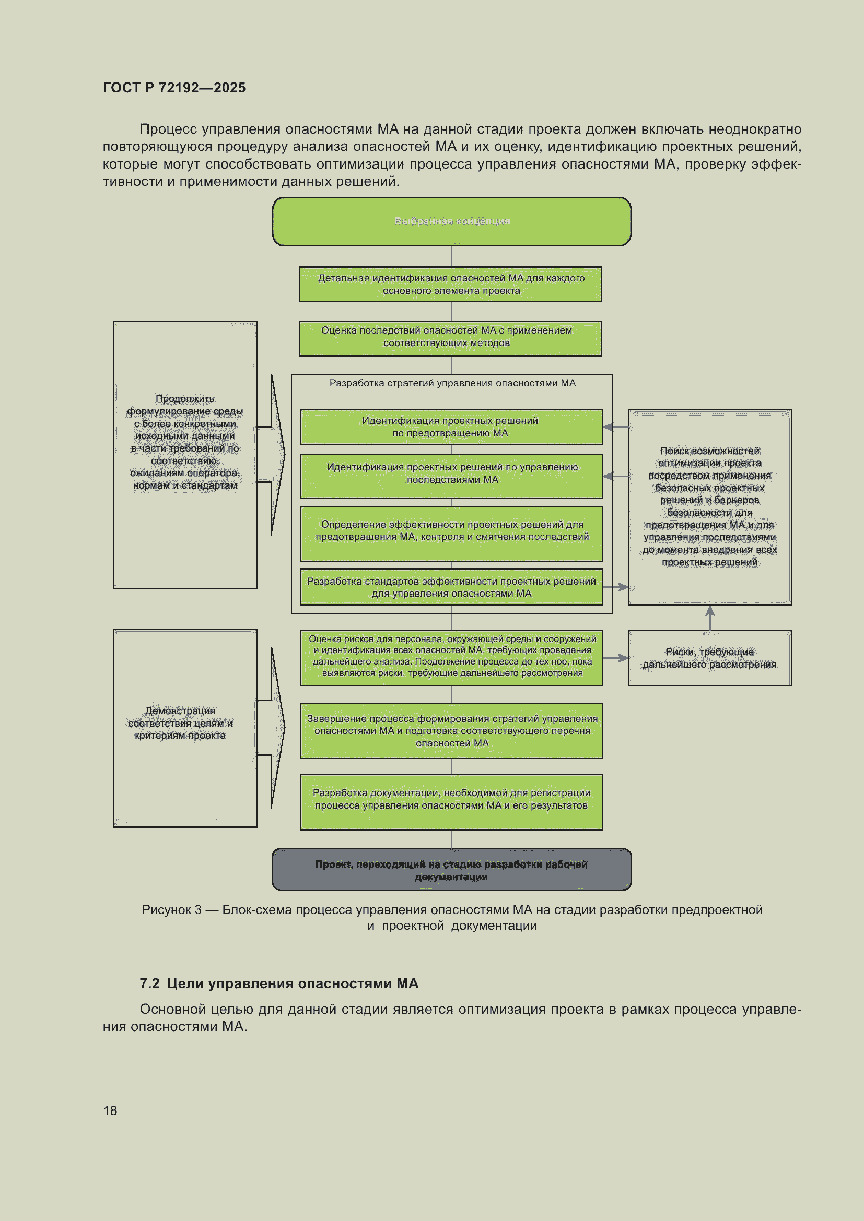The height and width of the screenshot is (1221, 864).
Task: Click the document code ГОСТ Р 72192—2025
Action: (174, 88)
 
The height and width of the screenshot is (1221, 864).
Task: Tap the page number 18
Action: (110, 1110)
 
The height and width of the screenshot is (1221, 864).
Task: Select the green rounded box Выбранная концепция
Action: (452, 221)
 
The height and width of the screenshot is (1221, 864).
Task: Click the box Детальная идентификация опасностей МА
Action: (450, 284)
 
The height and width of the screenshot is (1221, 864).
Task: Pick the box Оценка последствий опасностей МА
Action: (450, 339)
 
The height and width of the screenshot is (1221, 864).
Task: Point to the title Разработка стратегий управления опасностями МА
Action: (452, 383)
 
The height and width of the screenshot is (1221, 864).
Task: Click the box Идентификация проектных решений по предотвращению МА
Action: (452, 427)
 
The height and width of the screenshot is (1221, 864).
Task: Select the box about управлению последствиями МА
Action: (452, 476)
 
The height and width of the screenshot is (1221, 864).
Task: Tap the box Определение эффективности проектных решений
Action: (452, 534)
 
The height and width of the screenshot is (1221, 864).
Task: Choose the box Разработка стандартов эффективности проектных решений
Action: (452, 587)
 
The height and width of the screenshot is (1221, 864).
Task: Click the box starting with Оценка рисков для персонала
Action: (452, 658)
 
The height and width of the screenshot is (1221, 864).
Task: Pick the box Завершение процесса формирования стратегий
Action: (452, 731)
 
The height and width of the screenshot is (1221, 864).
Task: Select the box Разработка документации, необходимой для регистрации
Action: (452, 802)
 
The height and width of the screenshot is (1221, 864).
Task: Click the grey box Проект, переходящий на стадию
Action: (452, 870)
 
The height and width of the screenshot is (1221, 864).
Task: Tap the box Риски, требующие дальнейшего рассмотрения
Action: (710, 658)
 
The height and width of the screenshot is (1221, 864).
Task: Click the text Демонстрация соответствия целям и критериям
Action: (180, 723)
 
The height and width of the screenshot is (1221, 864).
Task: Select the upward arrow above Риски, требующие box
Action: (710, 618)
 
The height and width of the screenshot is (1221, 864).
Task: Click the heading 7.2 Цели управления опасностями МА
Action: (279, 983)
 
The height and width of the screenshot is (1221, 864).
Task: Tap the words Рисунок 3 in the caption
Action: (171, 910)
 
